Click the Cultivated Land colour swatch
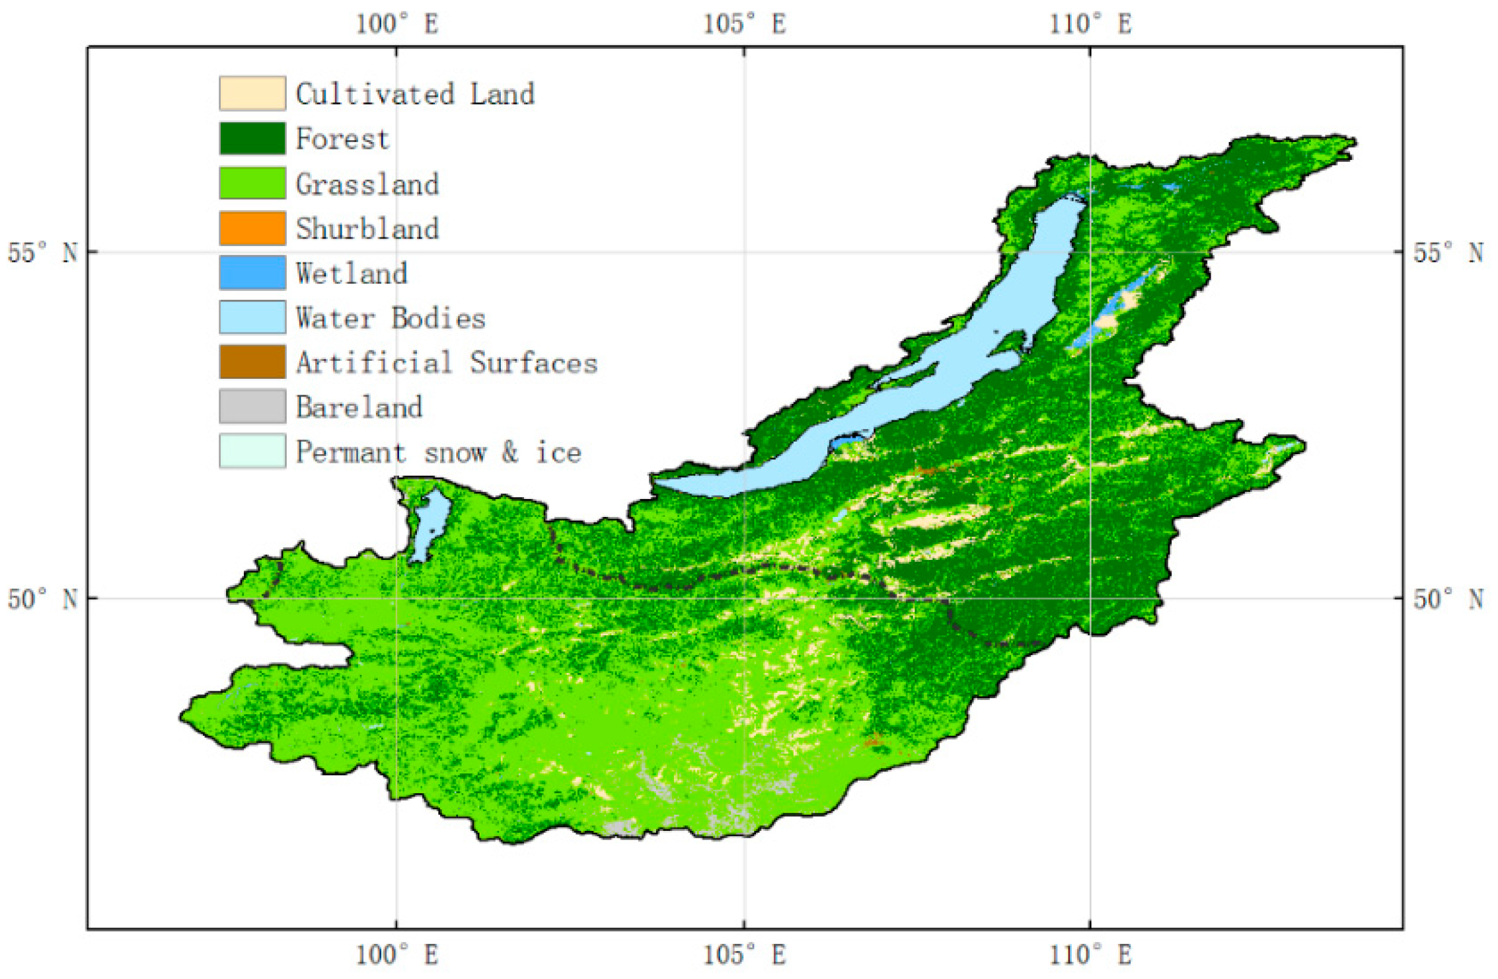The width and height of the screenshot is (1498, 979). click(252, 93)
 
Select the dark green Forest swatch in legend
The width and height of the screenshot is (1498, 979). click(252, 138)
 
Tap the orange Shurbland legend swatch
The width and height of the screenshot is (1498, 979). click(252, 228)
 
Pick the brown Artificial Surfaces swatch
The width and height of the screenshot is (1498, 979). click(252, 362)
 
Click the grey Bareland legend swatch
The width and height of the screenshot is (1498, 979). click(252, 406)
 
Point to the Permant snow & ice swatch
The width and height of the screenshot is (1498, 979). click(252, 451)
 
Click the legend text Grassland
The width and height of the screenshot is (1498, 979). click(367, 184)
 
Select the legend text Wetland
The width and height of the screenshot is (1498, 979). click(352, 273)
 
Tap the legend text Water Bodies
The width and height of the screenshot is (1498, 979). click(390, 318)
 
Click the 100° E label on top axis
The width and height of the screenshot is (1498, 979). click(396, 24)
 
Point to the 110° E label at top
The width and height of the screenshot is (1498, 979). click(1090, 24)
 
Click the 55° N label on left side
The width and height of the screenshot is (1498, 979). click(42, 253)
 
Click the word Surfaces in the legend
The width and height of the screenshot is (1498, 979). click(533, 363)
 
